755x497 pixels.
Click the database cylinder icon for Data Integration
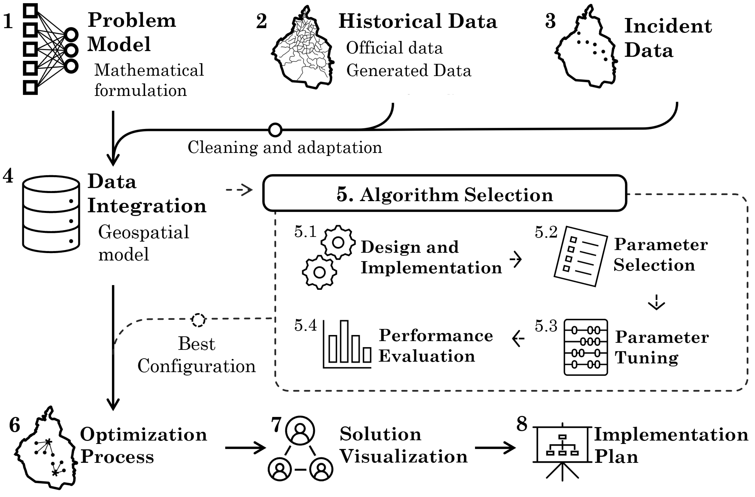click(51, 214)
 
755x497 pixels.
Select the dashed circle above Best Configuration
click(199, 320)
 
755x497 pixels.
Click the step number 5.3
click(546, 326)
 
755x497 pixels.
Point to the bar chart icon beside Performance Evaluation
click(347, 344)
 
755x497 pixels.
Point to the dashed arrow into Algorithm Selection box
click(239, 190)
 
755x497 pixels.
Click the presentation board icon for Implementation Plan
click(562, 451)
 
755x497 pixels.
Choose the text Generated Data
click(409, 71)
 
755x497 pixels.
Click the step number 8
click(522, 424)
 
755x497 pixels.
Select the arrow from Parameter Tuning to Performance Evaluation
click(518, 338)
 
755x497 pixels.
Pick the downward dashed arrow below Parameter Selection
click(656, 302)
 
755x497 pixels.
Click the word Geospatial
click(143, 232)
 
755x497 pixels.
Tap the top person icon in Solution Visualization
click(300, 431)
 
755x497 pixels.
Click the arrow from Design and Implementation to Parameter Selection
click(516, 259)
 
